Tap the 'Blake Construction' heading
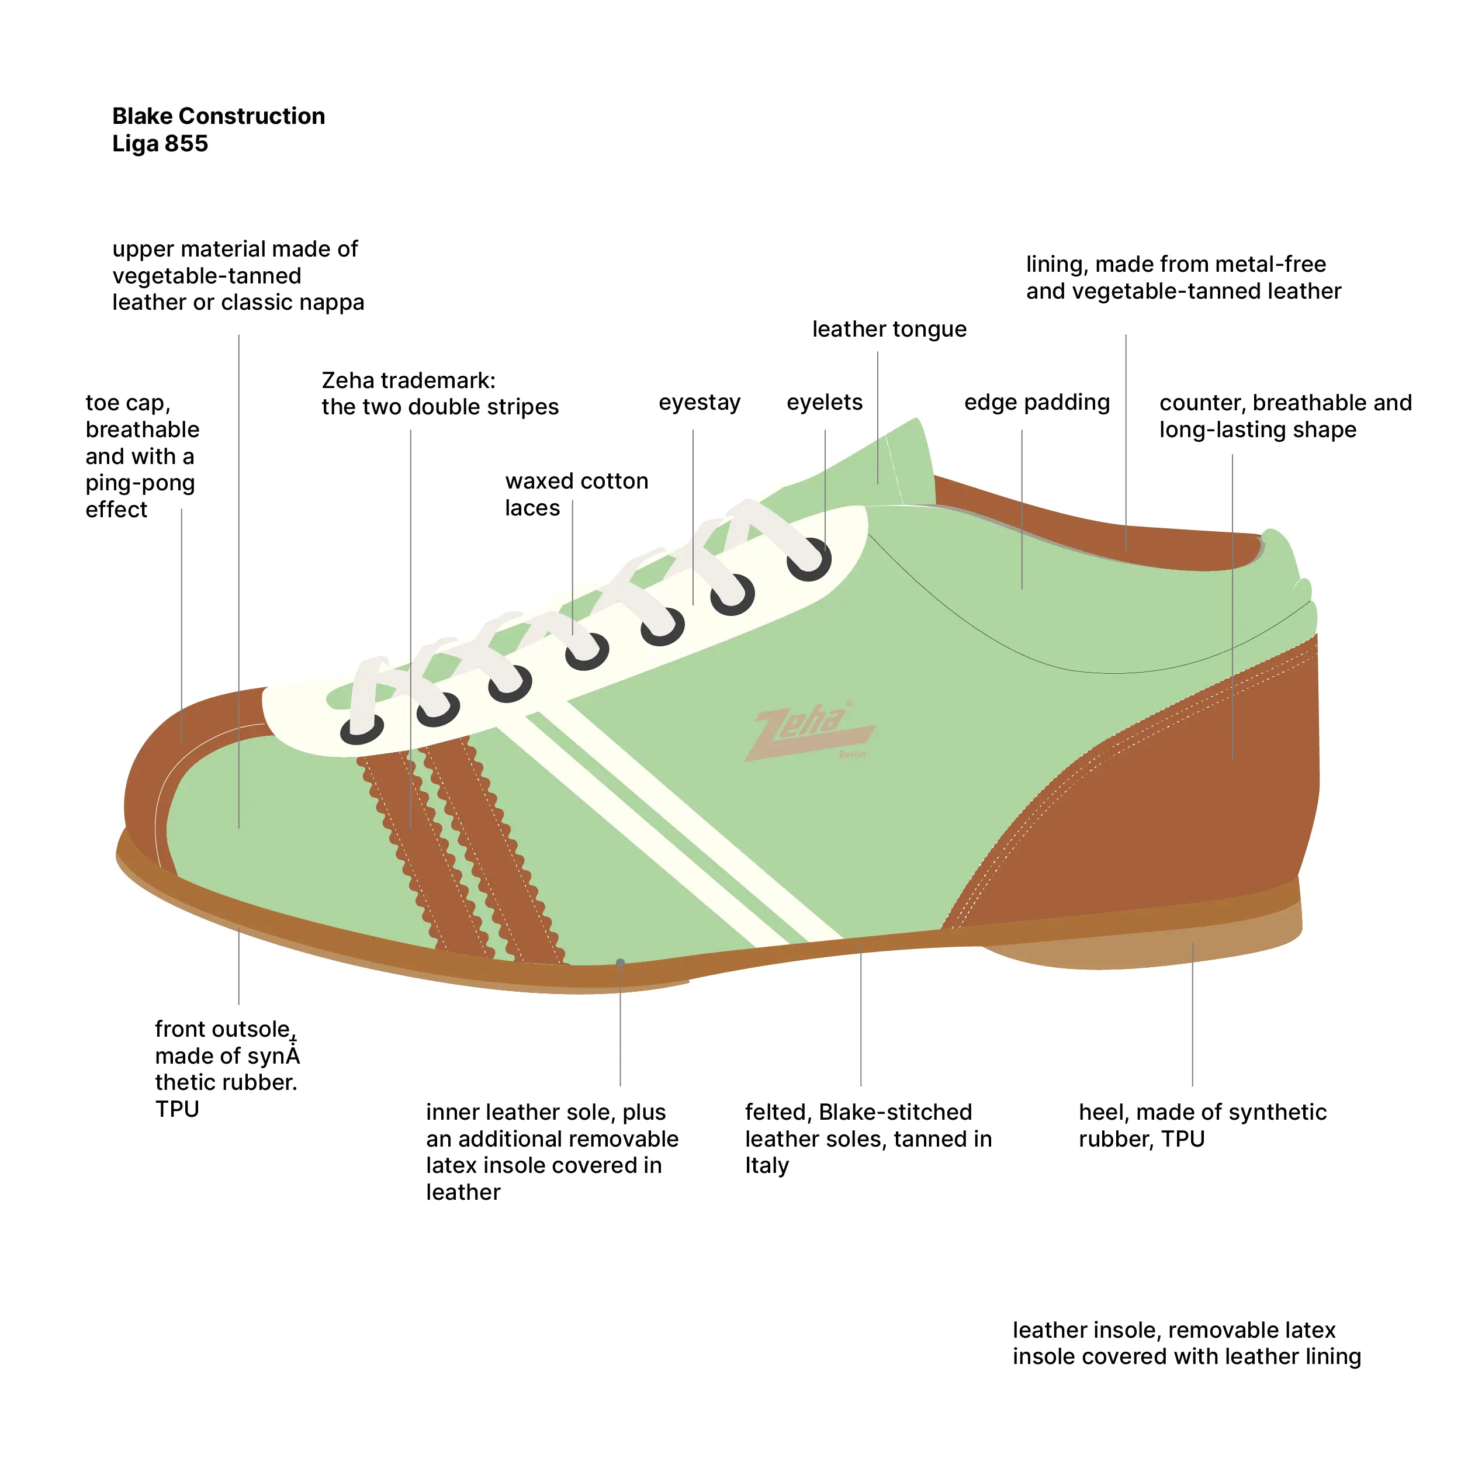coord(219,116)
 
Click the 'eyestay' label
coord(699,402)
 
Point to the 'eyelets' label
coord(824,402)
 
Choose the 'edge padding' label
coord(1036,402)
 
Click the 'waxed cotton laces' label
coord(576,494)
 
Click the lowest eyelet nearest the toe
coord(362,729)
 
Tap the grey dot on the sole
coord(620,963)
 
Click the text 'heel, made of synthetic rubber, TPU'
coord(1202,1124)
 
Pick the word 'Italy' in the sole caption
coord(767,1165)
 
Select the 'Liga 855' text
coord(160,144)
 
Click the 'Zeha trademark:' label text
coord(408,380)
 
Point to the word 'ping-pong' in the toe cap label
coord(140,483)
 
